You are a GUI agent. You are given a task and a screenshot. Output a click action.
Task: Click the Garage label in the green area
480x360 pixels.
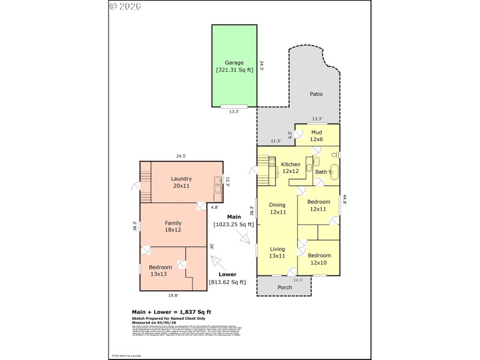pos(234,62)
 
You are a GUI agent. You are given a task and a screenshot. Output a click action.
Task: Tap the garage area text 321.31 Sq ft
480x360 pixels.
pos(234,70)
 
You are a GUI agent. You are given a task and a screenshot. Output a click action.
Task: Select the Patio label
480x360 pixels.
pos(316,94)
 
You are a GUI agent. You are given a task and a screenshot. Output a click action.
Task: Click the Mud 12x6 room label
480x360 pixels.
pos(316,136)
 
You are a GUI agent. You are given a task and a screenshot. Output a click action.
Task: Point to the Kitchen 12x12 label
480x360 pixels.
pos(291,167)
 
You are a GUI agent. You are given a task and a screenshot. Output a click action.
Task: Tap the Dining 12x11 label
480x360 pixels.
pos(277,208)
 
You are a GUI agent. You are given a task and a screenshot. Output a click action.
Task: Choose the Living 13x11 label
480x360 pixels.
pos(277,253)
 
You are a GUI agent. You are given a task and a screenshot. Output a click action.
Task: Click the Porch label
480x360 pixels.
pos(284,287)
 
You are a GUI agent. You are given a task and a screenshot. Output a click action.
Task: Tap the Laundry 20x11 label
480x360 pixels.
pos(181,182)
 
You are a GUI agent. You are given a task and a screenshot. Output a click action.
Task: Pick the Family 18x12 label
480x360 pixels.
pos(173,226)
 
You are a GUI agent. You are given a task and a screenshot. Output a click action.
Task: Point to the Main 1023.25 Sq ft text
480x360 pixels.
pos(234,221)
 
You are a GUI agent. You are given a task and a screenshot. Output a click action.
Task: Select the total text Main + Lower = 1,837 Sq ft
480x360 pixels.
pos(171,312)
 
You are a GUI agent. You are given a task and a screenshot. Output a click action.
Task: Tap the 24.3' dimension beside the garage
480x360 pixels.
pos(261,65)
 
